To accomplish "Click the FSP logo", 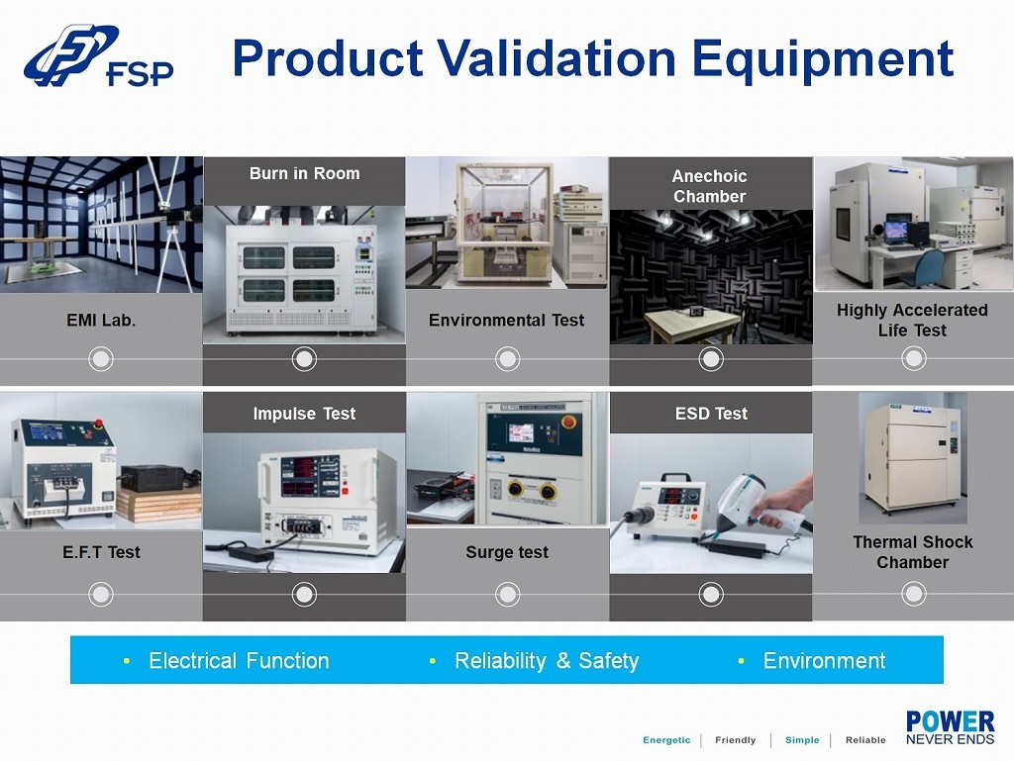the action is click(x=98, y=55).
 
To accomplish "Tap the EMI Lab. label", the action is click(x=101, y=320).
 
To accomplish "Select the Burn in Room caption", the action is click(x=305, y=173).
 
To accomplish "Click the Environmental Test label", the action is click(x=506, y=320).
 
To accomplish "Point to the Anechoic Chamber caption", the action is click(x=709, y=186).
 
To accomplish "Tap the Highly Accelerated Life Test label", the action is click(x=912, y=320).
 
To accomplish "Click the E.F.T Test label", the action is click(x=101, y=552).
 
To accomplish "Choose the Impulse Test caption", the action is click(x=304, y=414).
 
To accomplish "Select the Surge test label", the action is click(x=507, y=552).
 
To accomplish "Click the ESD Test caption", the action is click(x=711, y=414).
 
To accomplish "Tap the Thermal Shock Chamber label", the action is click(x=912, y=551).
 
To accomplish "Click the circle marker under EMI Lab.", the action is click(x=101, y=358).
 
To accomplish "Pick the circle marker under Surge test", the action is click(x=508, y=594).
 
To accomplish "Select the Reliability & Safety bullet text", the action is click(x=547, y=660).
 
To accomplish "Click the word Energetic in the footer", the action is click(x=666, y=740).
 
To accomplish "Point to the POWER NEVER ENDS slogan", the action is click(x=950, y=728).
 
